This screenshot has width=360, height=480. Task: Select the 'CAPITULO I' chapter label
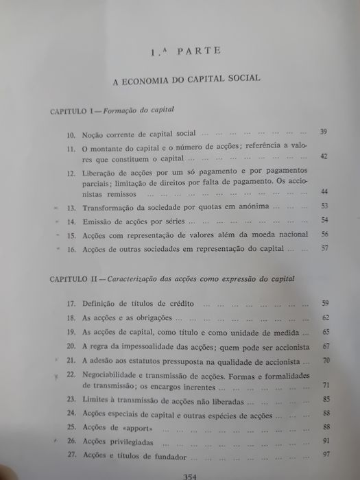coord(76,109)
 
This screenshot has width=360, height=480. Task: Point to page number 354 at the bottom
coord(185,474)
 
